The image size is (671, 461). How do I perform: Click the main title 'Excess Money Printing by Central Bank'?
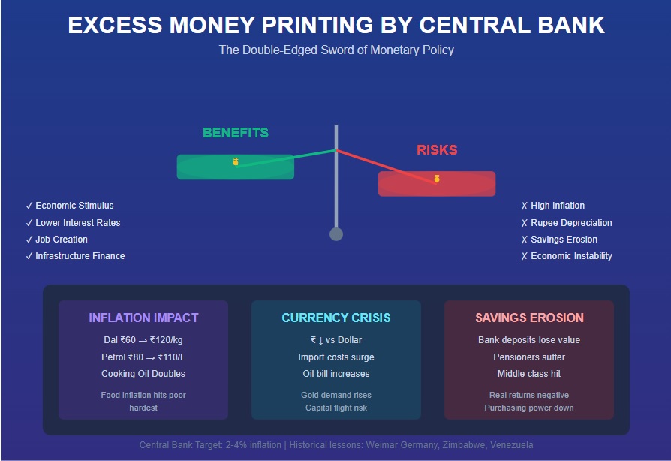pyautogui.click(x=335, y=25)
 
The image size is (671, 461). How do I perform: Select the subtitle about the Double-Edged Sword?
pyautogui.click(x=335, y=50)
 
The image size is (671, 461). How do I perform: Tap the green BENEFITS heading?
pyautogui.click(x=235, y=133)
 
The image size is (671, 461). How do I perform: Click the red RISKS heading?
pyautogui.click(x=437, y=150)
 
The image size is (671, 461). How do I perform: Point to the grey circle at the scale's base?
pyautogui.click(x=336, y=234)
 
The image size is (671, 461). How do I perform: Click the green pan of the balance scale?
pyautogui.click(x=235, y=167)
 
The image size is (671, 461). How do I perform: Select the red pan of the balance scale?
pyautogui.click(x=437, y=184)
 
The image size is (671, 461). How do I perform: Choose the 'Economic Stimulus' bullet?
pyautogui.click(x=74, y=206)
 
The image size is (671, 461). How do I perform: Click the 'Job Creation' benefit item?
pyautogui.click(x=62, y=240)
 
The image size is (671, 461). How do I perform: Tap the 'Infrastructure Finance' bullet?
pyautogui.click(x=80, y=256)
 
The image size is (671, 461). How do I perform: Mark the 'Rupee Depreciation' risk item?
pyautogui.click(x=571, y=223)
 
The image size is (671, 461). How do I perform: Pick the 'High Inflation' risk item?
pyautogui.click(x=558, y=206)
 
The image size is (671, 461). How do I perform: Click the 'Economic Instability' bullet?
pyautogui.click(x=571, y=256)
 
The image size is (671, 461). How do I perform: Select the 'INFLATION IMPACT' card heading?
pyautogui.click(x=143, y=318)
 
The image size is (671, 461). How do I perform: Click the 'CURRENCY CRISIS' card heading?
pyautogui.click(x=336, y=318)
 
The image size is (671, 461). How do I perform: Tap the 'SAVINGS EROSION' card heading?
pyautogui.click(x=529, y=318)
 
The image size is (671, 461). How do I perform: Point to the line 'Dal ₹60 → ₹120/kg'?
pyautogui.click(x=143, y=340)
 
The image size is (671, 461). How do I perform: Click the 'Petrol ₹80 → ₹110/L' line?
pyautogui.click(x=143, y=357)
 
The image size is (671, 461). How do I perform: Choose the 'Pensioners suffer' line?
pyautogui.click(x=529, y=357)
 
